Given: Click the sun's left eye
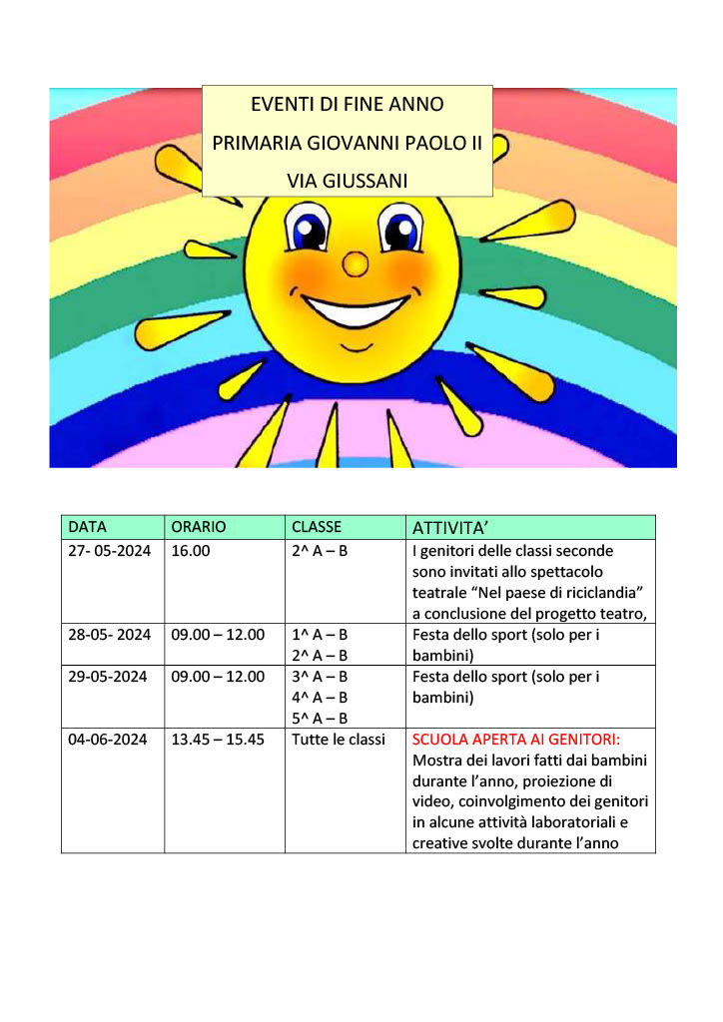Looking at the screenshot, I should point(307,232).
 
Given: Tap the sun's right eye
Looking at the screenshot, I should point(401,232).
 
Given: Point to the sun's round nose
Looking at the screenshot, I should point(356,263).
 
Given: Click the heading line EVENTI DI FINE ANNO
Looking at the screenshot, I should point(348,104).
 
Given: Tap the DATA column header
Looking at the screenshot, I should point(88,527).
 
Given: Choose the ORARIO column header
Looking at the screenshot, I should point(199,527).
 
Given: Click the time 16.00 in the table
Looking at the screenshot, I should point(191,551).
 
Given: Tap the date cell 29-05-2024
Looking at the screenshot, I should point(108,677).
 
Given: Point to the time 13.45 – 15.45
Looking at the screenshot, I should point(218,740).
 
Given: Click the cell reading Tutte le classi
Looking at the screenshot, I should point(339,740).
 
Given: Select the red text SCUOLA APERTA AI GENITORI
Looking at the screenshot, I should point(516,740).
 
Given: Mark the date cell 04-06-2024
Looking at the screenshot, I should point(108,740).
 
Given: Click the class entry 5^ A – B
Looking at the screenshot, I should point(320,719).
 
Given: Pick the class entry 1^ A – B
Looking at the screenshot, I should point(320,635).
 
